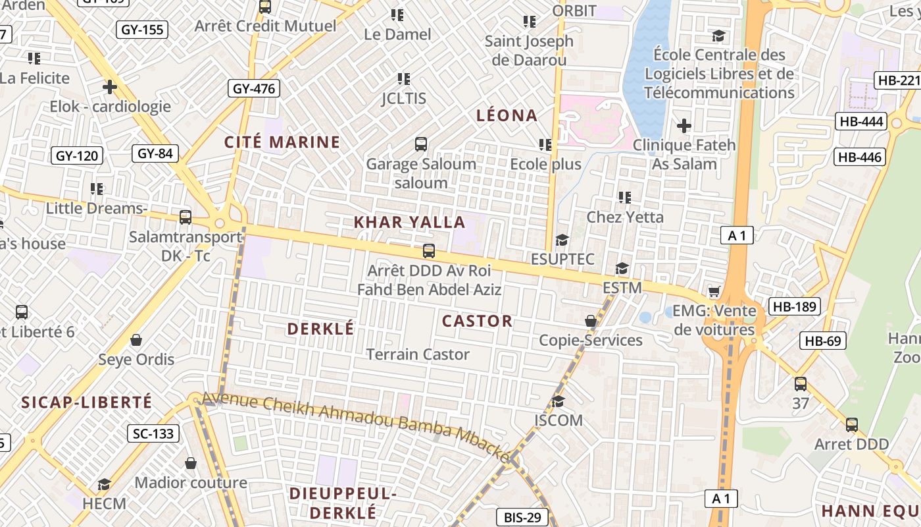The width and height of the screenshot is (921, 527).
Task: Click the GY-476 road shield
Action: [x=254, y=88]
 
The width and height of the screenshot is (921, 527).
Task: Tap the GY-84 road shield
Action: [x=155, y=153]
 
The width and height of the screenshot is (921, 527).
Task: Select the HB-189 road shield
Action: [x=795, y=306]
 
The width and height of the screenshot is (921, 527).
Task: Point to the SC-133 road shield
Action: [x=153, y=433]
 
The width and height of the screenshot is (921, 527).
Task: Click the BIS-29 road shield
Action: [x=522, y=518]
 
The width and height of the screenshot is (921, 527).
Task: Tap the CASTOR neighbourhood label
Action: [x=477, y=321]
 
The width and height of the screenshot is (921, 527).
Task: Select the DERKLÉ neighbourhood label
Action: [x=321, y=329]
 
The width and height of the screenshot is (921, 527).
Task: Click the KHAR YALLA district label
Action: [x=409, y=222]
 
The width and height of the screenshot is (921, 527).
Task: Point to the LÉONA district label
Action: [x=507, y=116]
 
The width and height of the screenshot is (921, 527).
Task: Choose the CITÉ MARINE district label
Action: [x=282, y=142]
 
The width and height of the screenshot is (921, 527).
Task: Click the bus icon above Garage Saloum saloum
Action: [x=421, y=144]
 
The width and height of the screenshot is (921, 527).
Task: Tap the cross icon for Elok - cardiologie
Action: [x=110, y=86]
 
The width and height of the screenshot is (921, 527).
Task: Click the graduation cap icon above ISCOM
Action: [x=559, y=401]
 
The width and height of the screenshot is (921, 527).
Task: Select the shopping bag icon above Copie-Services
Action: [x=591, y=321]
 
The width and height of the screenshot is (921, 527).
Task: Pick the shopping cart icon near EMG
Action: [x=714, y=291]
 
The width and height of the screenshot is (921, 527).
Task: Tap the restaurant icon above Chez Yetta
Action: [x=625, y=197]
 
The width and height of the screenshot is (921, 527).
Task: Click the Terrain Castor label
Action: [x=418, y=354]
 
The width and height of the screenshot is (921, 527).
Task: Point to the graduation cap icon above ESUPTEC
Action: [x=562, y=240]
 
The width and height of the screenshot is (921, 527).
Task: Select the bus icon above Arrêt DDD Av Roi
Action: [x=429, y=250]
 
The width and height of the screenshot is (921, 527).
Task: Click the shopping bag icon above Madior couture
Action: [x=191, y=463]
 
